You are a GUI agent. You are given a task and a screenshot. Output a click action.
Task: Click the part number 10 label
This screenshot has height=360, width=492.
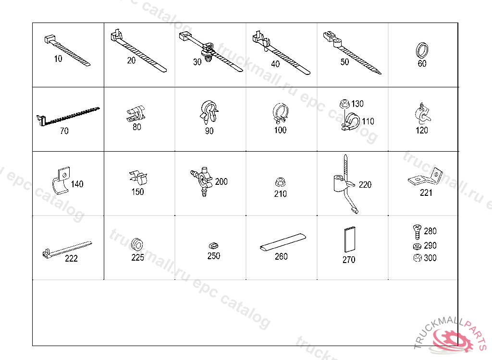tap(58, 59)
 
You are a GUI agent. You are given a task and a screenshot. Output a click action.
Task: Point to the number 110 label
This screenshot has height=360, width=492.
tap(368, 121)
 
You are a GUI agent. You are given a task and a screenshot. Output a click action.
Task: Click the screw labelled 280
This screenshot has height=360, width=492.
tap(417, 231)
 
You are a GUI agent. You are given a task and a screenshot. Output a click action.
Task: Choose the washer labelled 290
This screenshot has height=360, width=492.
tap(416, 246)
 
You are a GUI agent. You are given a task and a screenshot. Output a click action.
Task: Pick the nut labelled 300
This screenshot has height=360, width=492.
tap(416, 258)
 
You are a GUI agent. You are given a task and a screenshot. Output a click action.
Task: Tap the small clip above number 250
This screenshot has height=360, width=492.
tap(213, 246)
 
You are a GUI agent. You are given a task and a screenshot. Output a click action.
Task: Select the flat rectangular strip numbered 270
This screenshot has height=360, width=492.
tap(349, 239)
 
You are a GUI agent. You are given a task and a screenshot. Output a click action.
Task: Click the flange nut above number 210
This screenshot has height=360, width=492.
tap(280, 182)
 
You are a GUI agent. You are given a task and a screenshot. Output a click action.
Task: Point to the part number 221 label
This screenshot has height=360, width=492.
tap(426, 193)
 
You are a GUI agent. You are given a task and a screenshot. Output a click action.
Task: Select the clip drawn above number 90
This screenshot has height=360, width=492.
tap(209, 112)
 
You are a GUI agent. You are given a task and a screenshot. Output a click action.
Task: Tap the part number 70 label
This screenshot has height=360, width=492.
tap(64, 131)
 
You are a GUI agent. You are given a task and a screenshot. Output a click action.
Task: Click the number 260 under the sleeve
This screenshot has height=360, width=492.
tap(281, 256)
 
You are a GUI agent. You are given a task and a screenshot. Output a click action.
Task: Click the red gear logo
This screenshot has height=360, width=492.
tap(452, 340)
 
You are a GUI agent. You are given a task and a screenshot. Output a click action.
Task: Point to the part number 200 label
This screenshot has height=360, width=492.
tap(221, 182)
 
